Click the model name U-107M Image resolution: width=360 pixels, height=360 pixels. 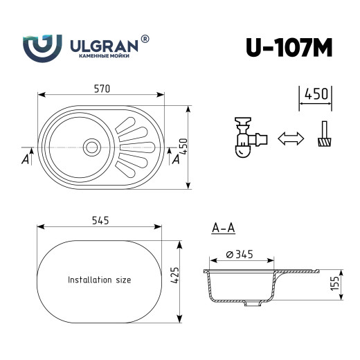[x=289, y=46]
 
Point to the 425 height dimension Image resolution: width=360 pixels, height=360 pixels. [x=176, y=279]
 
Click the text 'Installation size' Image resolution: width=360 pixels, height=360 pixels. [x=99, y=280]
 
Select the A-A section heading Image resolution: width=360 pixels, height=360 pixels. [x=222, y=227]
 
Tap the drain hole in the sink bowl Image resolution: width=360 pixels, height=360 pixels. [x=91, y=146]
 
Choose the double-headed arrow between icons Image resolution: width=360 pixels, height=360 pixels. [x=290, y=138]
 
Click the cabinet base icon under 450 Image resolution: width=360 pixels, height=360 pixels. [x=323, y=136]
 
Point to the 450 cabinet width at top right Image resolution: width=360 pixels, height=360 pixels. [x=315, y=95]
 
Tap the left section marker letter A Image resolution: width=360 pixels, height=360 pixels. [x=25, y=160]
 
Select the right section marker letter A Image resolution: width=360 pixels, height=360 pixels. [x=175, y=159]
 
